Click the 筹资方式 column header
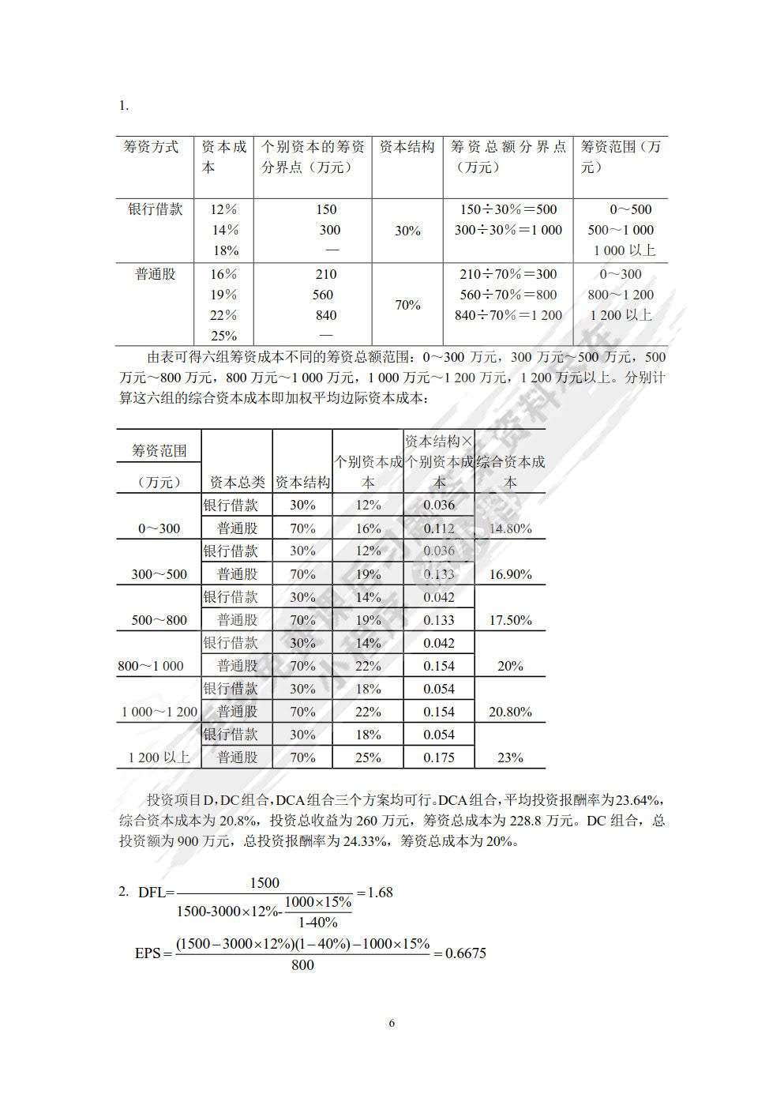point(152,147)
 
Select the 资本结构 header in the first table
point(407,147)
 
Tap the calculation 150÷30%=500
point(508,209)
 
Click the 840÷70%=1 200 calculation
point(508,315)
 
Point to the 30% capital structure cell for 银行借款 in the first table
point(407,231)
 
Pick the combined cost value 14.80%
point(510,528)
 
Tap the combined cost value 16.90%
point(510,574)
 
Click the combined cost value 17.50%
point(510,620)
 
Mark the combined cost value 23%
point(510,758)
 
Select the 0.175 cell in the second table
point(438,758)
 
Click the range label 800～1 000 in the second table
point(151,666)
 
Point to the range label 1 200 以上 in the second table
point(159,758)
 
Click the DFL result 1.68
point(380,893)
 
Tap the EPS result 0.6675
point(465,953)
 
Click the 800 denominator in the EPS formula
point(302,965)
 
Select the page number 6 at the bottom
point(392,1023)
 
